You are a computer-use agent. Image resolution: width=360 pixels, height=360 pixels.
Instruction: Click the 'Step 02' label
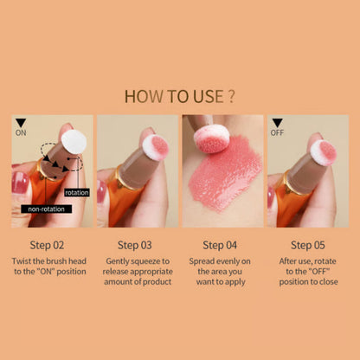pyautogui.click(x=51, y=245)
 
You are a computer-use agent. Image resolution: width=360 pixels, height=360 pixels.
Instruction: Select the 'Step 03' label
pyautogui.click(x=137, y=245)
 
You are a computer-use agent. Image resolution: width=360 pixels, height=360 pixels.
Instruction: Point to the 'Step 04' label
pyautogui.click(x=222, y=245)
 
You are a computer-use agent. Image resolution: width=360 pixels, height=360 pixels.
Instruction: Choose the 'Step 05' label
pyautogui.click(x=309, y=245)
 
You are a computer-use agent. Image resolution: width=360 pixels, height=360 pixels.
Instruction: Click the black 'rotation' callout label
pyautogui.click(x=77, y=180)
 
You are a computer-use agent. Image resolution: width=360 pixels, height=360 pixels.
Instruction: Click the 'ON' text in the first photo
pyautogui.click(x=22, y=134)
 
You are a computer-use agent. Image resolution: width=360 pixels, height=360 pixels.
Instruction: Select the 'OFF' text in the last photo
pyautogui.click(x=280, y=134)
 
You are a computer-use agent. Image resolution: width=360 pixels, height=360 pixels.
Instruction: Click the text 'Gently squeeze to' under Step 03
pyautogui.click(x=137, y=260)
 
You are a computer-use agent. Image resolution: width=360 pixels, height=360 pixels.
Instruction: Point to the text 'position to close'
pyautogui.click(x=309, y=282)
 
